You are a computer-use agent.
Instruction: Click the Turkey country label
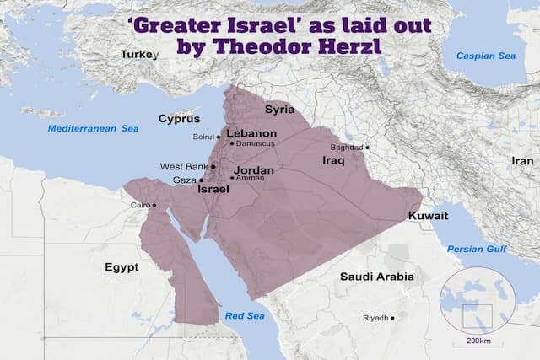(x=139, y=54)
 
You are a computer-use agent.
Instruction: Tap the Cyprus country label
(x=179, y=119)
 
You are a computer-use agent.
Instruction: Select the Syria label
(x=279, y=110)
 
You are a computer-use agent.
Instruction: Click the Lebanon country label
(x=251, y=133)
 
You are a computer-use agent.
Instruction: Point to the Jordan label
(x=253, y=169)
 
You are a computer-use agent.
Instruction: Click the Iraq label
(x=335, y=159)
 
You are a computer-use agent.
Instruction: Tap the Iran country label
(x=523, y=160)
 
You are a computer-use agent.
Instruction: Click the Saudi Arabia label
(x=376, y=277)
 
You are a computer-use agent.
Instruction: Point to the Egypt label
(x=121, y=267)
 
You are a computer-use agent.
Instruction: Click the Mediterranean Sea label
(x=92, y=129)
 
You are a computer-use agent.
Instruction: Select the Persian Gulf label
(x=477, y=250)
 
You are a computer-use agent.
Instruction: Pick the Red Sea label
(x=245, y=315)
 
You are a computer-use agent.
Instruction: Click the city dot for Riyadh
(x=392, y=318)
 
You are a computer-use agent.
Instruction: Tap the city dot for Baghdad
(x=368, y=148)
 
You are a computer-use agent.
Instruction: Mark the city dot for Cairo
(x=154, y=205)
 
